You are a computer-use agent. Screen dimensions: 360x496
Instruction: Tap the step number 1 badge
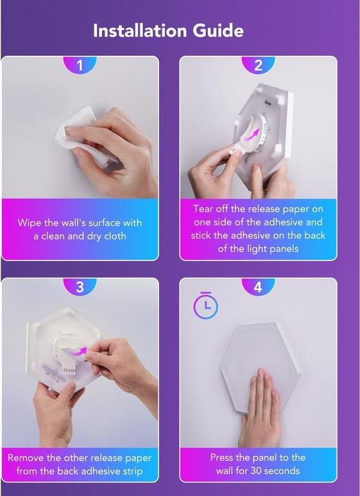pyautogui.click(x=80, y=65)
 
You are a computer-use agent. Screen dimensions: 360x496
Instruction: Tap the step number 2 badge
pyautogui.click(x=258, y=65)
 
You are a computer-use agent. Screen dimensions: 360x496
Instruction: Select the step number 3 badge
pyautogui.click(x=80, y=287)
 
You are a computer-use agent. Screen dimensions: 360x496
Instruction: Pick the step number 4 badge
pyautogui.click(x=258, y=287)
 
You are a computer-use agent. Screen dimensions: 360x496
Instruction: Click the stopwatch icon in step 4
pyautogui.click(x=205, y=305)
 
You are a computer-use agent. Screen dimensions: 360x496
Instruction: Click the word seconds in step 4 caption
pyautogui.click(x=283, y=471)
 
